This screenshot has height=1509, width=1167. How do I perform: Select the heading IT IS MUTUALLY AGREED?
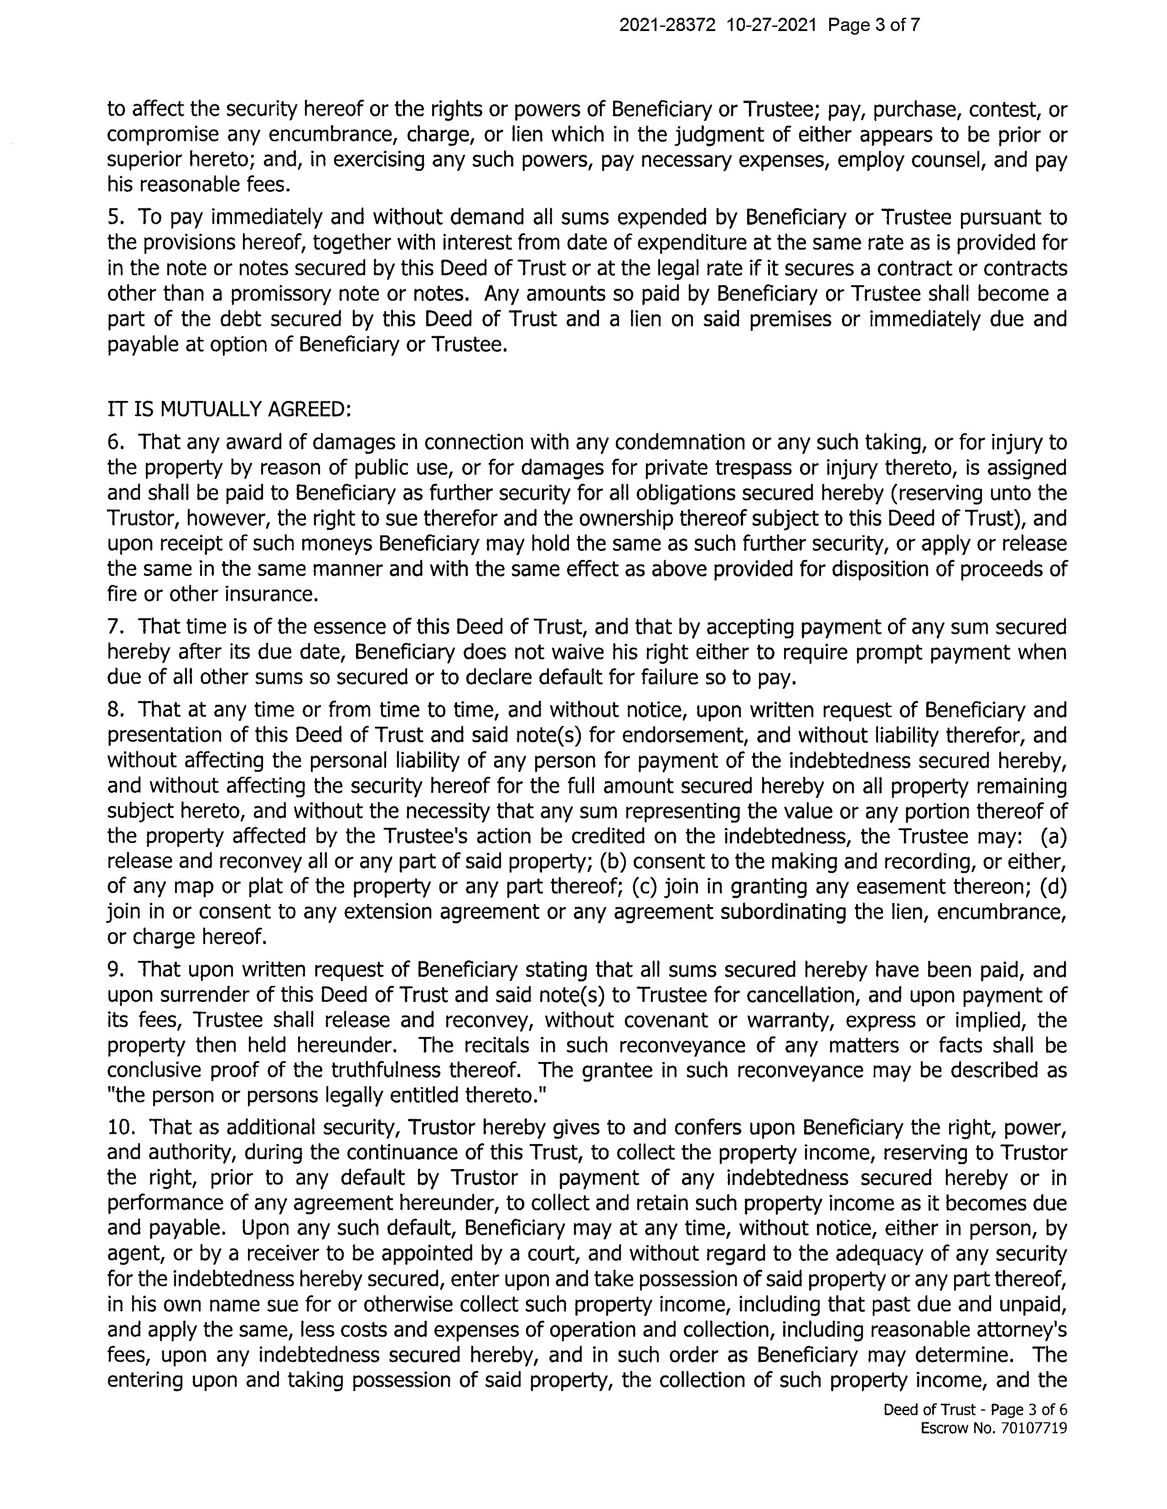click(230, 410)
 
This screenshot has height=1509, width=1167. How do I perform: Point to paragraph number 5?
click(115, 218)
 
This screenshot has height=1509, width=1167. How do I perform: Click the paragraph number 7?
click(115, 626)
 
